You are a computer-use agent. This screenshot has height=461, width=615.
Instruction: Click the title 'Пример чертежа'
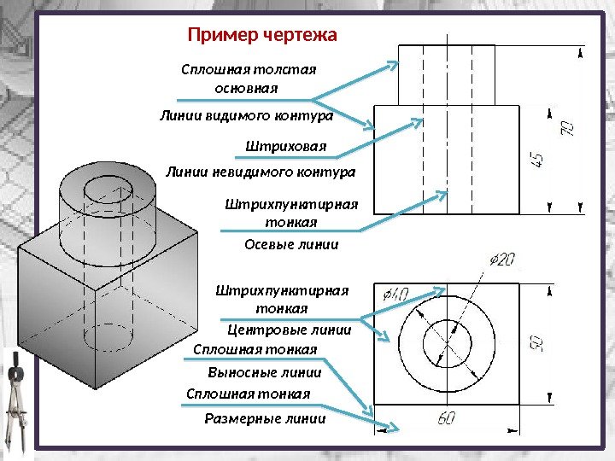coord(262,36)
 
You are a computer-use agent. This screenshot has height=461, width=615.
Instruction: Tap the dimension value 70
coord(567,129)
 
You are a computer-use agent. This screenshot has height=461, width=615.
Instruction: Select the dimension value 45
coord(537,160)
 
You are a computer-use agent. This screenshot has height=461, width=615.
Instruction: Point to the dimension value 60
coord(447,418)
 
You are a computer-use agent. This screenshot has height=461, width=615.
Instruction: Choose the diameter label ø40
coord(395,295)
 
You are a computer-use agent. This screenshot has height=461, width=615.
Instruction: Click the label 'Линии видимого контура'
coord(246,114)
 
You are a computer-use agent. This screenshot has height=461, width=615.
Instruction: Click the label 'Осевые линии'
coord(291,244)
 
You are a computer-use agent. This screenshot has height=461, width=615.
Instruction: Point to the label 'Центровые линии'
coord(290,330)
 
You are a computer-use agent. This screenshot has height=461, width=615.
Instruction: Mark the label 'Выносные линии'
coord(265,372)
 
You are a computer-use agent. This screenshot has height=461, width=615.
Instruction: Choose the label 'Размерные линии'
coord(266,418)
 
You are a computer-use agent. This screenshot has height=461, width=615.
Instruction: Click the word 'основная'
coord(247,88)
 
